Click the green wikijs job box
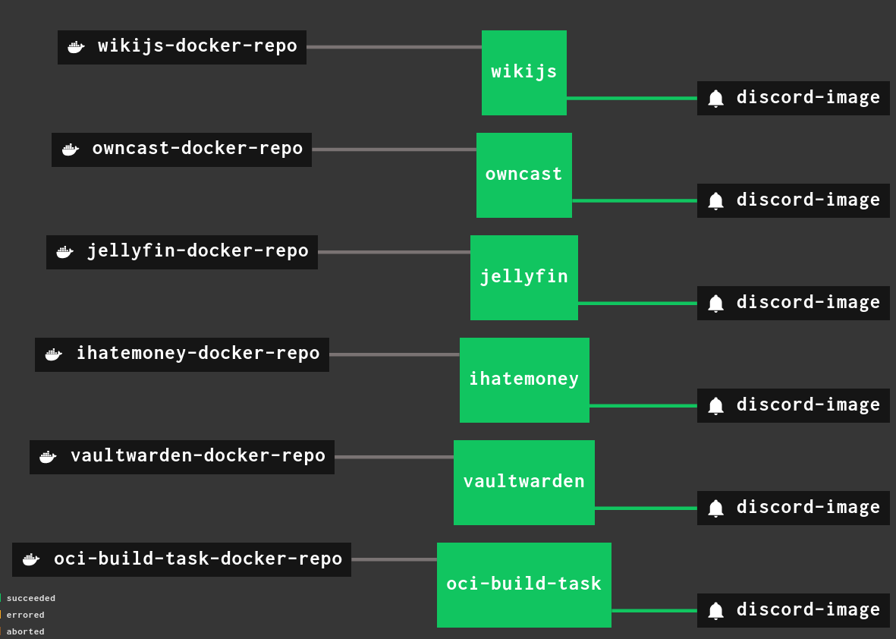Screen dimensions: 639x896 pyautogui.click(x=523, y=72)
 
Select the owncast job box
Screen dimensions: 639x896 pyautogui.click(x=523, y=175)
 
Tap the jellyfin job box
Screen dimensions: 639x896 pyautogui.click(x=523, y=277)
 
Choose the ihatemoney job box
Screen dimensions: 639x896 pyautogui.click(x=523, y=379)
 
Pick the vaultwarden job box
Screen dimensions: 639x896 pyautogui.click(x=523, y=482)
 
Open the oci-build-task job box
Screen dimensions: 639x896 pyautogui.click(x=523, y=584)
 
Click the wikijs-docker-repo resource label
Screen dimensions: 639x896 pyautogui.click(x=197, y=46)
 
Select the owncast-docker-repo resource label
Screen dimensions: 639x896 pyautogui.click(x=197, y=149)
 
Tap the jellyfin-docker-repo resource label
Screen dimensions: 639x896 pyautogui.click(x=197, y=251)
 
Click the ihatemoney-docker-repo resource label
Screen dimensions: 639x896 pyautogui.click(x=197, y=354)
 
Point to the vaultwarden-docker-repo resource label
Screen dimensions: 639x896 pyautogui.click(x=197, y=456)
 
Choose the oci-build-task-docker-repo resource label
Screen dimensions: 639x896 pyautogui.click(x=197, y=559)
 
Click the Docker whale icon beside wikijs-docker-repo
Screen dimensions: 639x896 pyautogui.click(x=75, y=47)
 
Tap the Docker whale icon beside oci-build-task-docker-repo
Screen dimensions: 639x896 pyautogui.click(x=30, y=559)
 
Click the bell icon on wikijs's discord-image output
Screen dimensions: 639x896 pyautogui.click(x=715, y=99)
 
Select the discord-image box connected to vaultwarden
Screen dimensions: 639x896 pyautogui.click(x=793, y=507)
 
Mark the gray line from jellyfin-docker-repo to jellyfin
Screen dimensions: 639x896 pyautogui.click(x=394, y=252)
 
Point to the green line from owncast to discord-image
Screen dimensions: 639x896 pyautogui.click(x=634, y=200)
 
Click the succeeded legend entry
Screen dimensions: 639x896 pyautogui.click(x=30, y=598)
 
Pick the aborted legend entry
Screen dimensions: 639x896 pyautogui.click(x=25, y=631)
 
